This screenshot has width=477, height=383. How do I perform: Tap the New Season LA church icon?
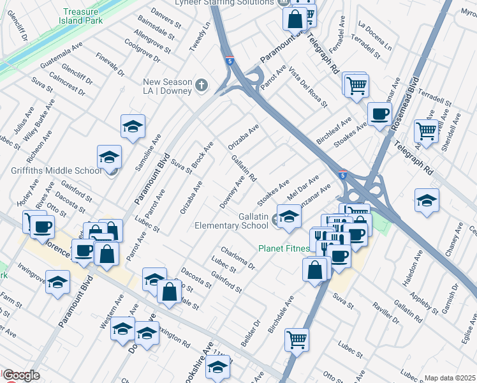tap(202, 85)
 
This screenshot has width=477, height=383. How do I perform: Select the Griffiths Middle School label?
tap(56, 170)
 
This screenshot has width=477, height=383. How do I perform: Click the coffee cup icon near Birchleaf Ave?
tap(380, 114)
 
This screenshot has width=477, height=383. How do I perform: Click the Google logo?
tap(21, 375)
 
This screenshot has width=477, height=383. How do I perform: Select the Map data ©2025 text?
tap(450, 378)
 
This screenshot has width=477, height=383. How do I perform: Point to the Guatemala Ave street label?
tap(61, 56)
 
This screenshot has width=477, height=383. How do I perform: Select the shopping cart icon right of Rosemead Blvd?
tap(426, 131)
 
